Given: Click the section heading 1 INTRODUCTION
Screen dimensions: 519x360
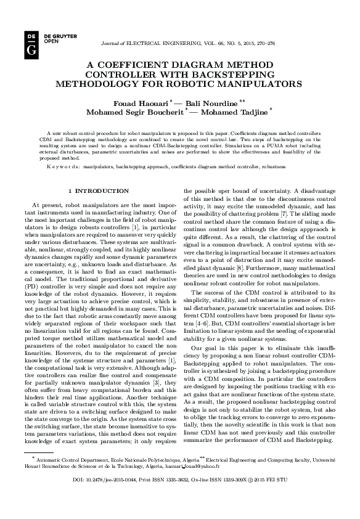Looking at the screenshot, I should point(99,191).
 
